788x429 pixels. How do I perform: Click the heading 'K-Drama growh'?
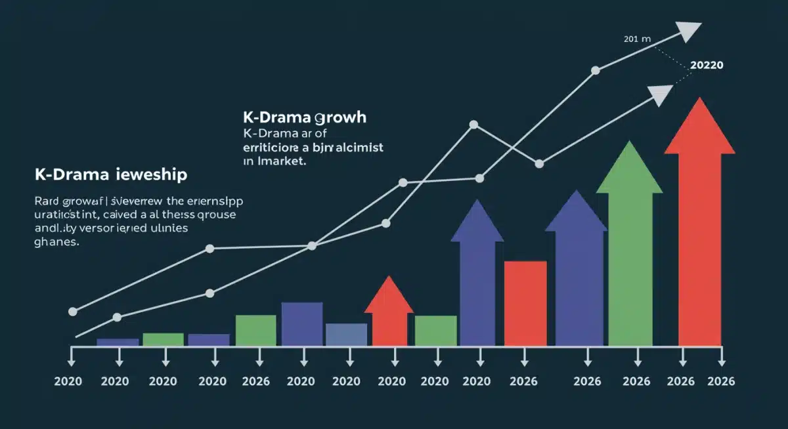304,118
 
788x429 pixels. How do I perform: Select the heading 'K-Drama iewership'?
110,175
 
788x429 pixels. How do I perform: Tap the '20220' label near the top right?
707,66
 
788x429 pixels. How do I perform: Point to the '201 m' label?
636,39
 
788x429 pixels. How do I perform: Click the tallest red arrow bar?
699,230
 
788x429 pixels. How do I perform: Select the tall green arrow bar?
630,249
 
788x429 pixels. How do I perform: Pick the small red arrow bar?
389,315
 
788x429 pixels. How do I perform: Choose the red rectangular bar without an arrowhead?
525,303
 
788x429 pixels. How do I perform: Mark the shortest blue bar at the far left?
118,342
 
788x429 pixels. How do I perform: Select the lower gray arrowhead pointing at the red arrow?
660,95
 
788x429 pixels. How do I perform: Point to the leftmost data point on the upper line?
73,312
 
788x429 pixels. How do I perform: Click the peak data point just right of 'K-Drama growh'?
473,124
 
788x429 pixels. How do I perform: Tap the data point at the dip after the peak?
539,164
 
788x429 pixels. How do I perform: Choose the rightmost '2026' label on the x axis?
721,382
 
